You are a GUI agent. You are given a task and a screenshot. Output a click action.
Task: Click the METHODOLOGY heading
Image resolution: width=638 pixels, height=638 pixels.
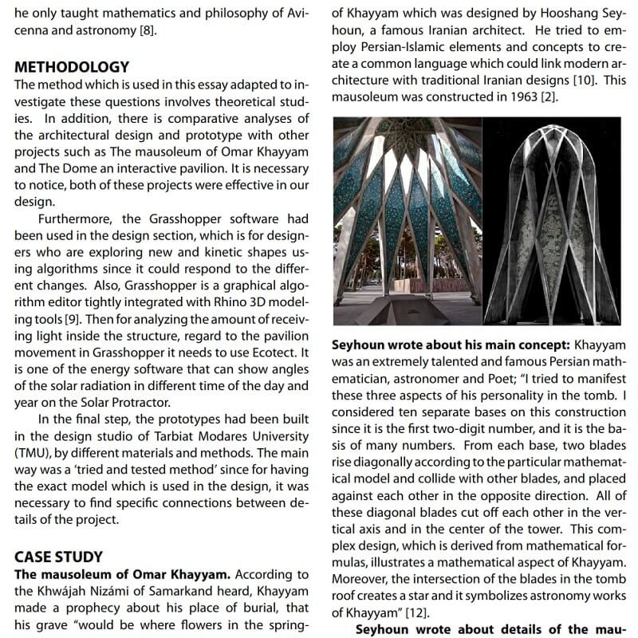[72, 66]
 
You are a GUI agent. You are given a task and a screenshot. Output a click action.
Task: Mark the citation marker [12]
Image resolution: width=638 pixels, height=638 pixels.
[415, 612]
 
